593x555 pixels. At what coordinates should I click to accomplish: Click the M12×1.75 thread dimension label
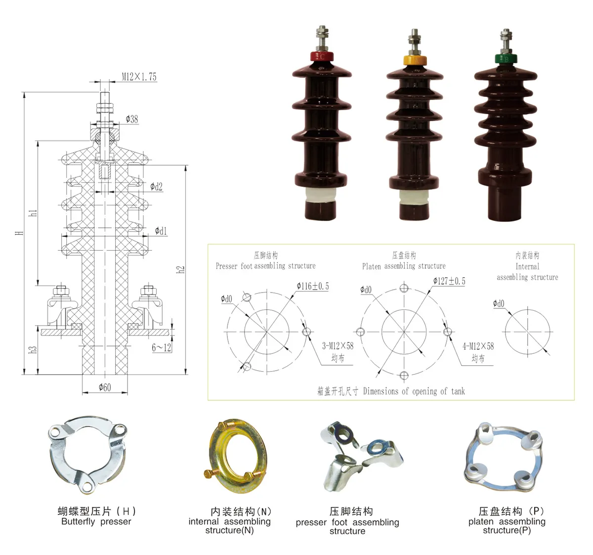139,77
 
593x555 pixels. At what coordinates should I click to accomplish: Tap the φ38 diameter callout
131,119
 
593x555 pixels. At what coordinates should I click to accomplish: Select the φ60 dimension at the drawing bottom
105,387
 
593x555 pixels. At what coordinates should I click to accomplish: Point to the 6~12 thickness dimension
161,347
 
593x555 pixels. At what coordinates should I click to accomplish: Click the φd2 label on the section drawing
156,187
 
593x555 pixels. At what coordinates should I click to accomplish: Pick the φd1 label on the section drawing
161,231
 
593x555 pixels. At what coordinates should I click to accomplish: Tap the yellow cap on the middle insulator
415,60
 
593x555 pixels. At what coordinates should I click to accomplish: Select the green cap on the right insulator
505,58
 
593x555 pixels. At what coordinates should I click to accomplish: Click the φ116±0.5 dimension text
312,286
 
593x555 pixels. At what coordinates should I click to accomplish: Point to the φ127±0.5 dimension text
449,281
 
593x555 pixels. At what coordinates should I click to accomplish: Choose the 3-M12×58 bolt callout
338,346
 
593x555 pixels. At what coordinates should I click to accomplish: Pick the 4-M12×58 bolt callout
477,346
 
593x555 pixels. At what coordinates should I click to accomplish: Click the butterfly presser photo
87,454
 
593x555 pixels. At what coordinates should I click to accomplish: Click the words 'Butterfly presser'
96,522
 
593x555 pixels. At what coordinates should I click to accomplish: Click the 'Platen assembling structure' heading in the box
403,266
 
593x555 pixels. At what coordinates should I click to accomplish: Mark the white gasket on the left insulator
322,194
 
